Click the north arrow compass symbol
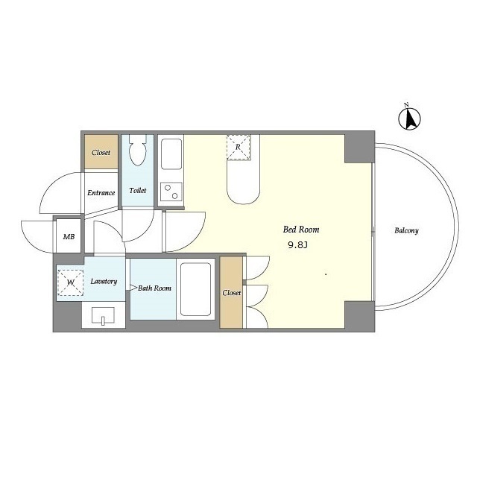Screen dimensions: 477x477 (x=409, y=118)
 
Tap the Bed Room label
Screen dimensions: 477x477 (x=301, y=230)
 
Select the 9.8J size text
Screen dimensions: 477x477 (x=298, y=245)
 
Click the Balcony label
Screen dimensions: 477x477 (x=406, y=230)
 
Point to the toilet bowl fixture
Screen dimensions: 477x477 (x=138, y=151)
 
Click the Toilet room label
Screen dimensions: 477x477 (x=137, y=191)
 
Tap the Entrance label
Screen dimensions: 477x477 (x=101, y=193)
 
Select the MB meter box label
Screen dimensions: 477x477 (x=69, y=237)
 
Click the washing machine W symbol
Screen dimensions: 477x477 (x=71, y=282)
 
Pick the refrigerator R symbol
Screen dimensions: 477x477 (x=238, y=148)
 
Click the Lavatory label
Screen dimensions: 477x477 (x=104, y=282)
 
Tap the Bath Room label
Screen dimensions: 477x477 (x=154, y=288)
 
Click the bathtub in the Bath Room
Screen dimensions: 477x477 (x=195, y=289)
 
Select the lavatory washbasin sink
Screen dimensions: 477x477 (x=103, y=315)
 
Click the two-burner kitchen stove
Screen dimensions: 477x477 (x=171, y=192)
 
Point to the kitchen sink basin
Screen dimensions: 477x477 (x=171, y=154)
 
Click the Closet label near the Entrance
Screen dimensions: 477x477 (x=101, y=152)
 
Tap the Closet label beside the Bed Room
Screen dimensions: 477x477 (x=232, y=293)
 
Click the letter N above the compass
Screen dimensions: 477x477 (x=406, y=105)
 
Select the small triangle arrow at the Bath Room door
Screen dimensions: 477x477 (x=133, y=288)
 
